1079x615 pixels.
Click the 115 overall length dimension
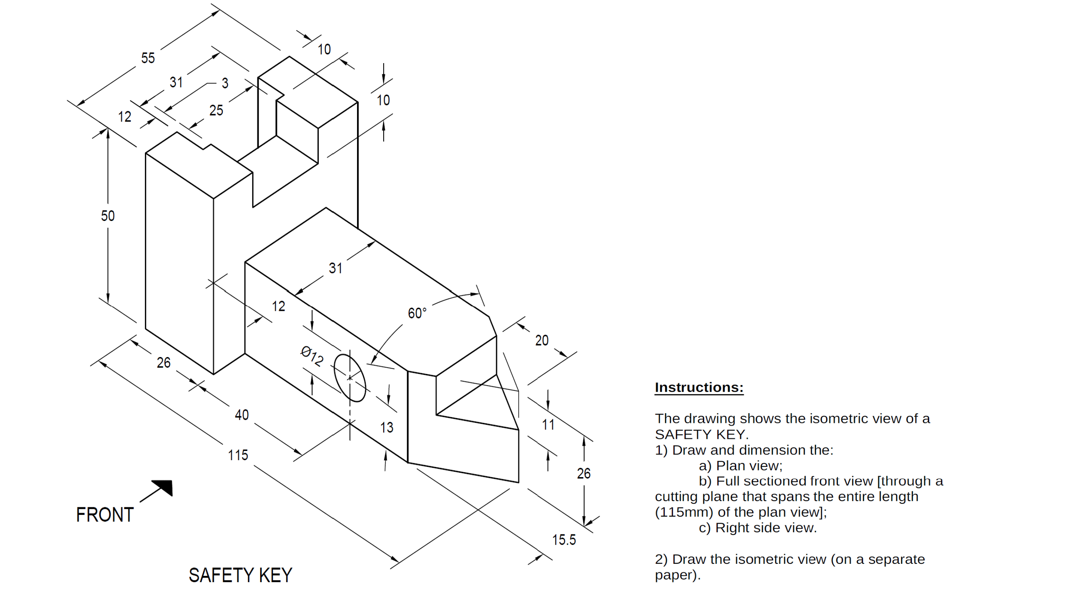[x=238, y=455]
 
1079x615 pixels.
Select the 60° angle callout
[x=417, y=313]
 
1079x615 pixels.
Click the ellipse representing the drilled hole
[x=350, y=378]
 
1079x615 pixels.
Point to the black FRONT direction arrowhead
[x=164, y=486]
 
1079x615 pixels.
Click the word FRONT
[x=104, y=515]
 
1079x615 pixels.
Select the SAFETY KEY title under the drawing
[x=240, y=575]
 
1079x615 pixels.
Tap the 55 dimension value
[x=148, y=58]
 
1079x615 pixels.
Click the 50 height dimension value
[x=108, y=216]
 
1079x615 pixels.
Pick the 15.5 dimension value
[x=564, y=540]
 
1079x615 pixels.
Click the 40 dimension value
[x=241, y=415]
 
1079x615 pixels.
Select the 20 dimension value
[x=542, y=341]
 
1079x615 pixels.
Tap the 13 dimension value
[x=386, y=427]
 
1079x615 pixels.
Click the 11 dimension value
[x=548, y=425]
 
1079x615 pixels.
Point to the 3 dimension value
[x=225, y=83]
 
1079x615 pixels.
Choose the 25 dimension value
[x=216, y=110]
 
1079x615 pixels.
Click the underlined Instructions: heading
[x=698, y=387]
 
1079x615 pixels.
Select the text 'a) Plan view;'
[x=740, y=466]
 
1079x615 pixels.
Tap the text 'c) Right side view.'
[x=758, y=528]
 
